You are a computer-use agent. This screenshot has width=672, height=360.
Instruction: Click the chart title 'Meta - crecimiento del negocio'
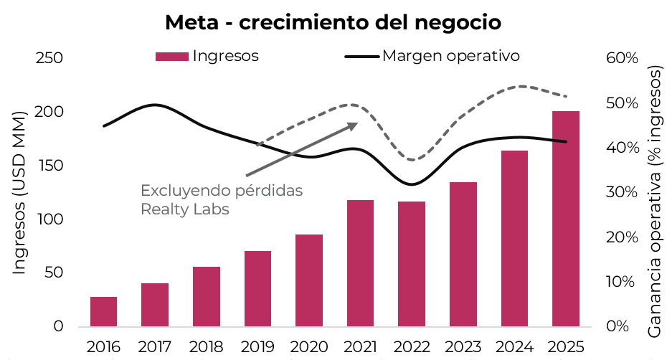(x=333, y=22)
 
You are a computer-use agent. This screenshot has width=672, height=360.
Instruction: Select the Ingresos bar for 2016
(x=103, y=311)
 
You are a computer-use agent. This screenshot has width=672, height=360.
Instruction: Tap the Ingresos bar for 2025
(x=565, y=219)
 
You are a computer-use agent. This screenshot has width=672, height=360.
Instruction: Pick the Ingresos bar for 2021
(x=360, y=263)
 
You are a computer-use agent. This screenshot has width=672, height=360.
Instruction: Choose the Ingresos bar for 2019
(x=257, y=288)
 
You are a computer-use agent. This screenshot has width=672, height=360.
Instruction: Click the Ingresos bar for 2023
(x=463, y=254)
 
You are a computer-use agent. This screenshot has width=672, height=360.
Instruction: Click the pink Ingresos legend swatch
(x=171, y=56)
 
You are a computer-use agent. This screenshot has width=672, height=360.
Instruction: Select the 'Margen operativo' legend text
(x=450, y=55)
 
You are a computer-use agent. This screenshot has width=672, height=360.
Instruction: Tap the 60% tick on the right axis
(x=621, y=58)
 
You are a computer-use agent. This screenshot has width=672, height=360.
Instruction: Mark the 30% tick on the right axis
(x=621, y=192)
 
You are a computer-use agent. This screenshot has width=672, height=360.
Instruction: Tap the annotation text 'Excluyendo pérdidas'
(x=222, y=191)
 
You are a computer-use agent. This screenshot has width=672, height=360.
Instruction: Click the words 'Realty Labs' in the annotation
(x=184, y=209)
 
